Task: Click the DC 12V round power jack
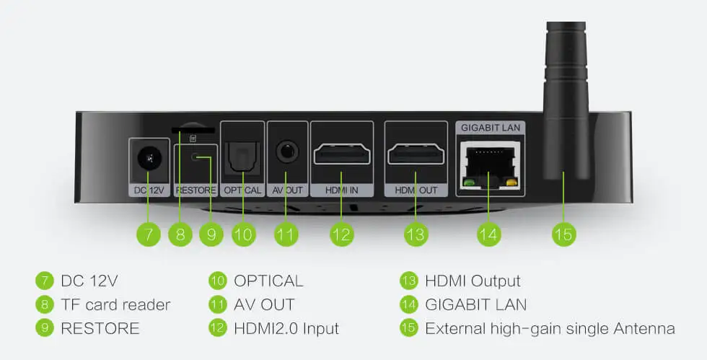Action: coord(149,158)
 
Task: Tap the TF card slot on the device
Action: coord(193,130)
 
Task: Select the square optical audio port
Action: coord(242,158)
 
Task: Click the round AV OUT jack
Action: coord(286,151)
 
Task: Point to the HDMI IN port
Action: coord(342,154)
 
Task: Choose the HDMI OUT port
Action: coord(416,154)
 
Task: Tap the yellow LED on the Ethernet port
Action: coord(511,183)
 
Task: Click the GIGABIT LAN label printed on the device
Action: coord(490,128)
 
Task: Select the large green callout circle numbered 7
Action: coord(149,234)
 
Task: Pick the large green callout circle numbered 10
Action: coord(244,234)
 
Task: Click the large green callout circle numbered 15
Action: coord(563,234)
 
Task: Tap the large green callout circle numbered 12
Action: coord(341,234)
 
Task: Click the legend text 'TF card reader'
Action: coord(116,304)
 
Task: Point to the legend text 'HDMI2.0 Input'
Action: coord(286,328)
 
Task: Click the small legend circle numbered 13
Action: coord(408,281)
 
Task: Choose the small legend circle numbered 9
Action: coord(44,328)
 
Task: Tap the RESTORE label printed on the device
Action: coord(196,190)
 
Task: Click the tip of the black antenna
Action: coord(566,22)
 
